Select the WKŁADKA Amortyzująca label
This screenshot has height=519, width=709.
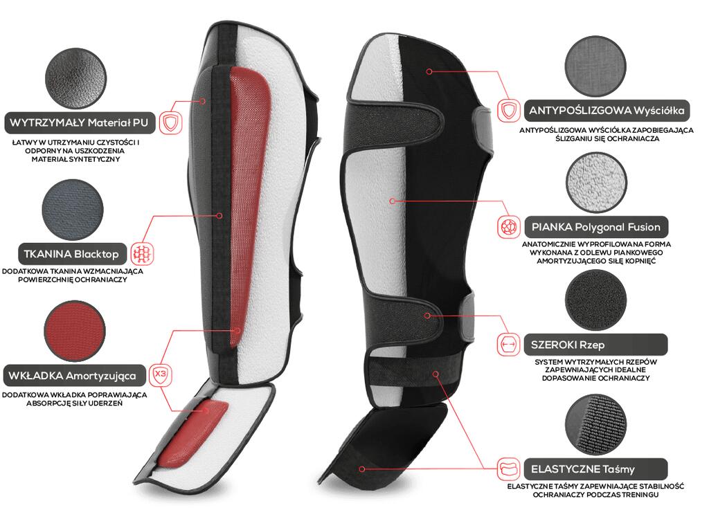pos(77,376)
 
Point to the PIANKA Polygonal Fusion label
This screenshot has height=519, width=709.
pos(595,226)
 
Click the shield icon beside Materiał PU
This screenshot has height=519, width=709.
pos(169,123)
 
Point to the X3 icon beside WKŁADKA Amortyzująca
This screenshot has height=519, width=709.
pos(161,376)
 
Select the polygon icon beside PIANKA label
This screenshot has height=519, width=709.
pos(508,227)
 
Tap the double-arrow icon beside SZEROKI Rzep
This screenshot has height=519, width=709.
pos(508,344)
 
